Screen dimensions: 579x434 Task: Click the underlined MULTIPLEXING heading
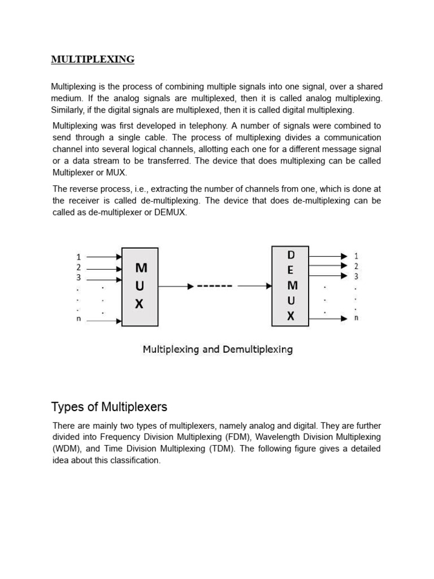[93, 59]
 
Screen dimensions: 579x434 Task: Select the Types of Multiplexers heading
[109, 407]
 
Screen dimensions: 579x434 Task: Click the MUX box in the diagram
[140, 286]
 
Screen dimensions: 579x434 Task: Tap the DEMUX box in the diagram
[290, 286]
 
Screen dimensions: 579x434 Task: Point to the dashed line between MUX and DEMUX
[215, 287]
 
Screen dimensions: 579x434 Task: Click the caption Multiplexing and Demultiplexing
[218, 349]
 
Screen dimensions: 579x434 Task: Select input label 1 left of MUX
[79, 257]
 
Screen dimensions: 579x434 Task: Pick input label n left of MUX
[79, 319]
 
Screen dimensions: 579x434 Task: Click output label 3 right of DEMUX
[356, 276]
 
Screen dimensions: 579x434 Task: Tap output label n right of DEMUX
[356, 318]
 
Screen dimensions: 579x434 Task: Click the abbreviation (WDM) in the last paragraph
[66, 449]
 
